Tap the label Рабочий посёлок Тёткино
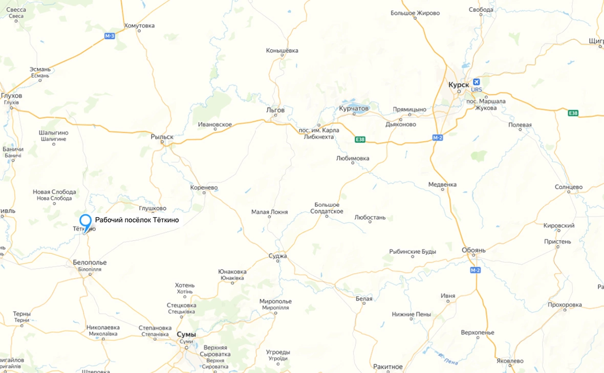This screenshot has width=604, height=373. (x=137, y=220)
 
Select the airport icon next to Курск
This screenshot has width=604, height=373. (x=477, y=82)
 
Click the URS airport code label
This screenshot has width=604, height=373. (x=477, y=90)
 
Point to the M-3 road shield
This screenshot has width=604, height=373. (x=110, y=36)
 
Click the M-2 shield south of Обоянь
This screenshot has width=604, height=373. (x=475, y=270)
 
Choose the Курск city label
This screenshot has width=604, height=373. (x=459, y=84)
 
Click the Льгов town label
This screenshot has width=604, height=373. (x=275, y=110)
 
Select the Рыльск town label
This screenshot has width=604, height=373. (x=162, y=137)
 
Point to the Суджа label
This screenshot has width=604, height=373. (x=278, y=256)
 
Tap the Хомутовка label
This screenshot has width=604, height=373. (x=139, y=26)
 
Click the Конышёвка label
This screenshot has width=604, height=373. (x=282, y=51)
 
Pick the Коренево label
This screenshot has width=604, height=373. (x=204, y=188)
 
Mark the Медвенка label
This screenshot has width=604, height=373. (x=443, y=184)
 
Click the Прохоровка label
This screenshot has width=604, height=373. (x=565, y=304)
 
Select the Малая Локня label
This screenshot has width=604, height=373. (x=269, y=212)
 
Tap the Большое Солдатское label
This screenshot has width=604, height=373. (x=327, y=208)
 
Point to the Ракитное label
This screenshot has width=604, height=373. (x=388, y=366)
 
